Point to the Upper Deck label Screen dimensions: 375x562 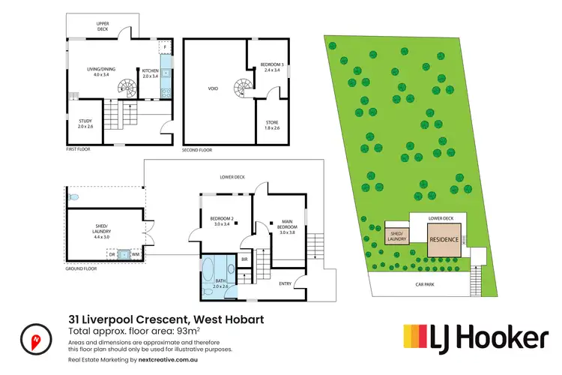[x=103, y=26]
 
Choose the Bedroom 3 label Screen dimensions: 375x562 [x=270, y=67]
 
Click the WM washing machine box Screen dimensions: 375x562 [x=136, y=255]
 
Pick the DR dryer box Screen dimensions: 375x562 [x=112, y=255]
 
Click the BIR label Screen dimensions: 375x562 [x=244, y=259]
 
